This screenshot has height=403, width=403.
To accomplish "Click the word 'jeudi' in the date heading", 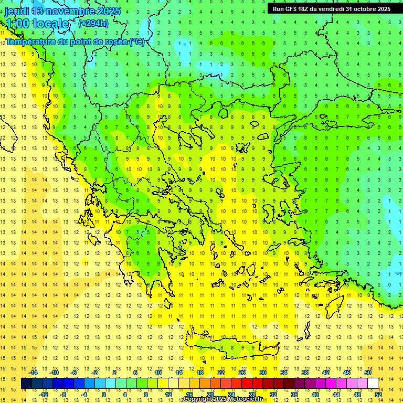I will click(x=17, y=11).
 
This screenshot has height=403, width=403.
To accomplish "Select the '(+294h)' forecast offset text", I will click(x=93, y=23).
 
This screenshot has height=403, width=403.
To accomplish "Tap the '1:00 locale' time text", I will click(x=37, y=24).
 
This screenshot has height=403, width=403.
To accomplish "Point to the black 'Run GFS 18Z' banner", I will click(x=331, y=8).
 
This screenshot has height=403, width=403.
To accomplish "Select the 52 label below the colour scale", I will click(x=378, y=395).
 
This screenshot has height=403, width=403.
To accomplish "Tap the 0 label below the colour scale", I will click(x=104, y=395).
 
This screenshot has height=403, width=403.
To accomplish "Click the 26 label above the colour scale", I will click(x=242, y=373).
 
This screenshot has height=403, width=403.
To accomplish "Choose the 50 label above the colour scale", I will click(x=368, y=373).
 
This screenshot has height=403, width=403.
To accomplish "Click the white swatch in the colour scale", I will click(x=373, y=384).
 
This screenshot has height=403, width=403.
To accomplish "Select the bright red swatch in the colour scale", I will click(x=247, y=384).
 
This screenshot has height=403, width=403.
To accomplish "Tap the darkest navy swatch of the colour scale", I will click(x=26, y=384).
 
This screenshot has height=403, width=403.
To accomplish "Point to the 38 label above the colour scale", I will click(x=305, y=373).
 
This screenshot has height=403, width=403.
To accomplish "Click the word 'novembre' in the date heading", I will click(x=76, y=11).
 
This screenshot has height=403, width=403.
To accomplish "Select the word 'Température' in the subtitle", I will click(x=31, y=41).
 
